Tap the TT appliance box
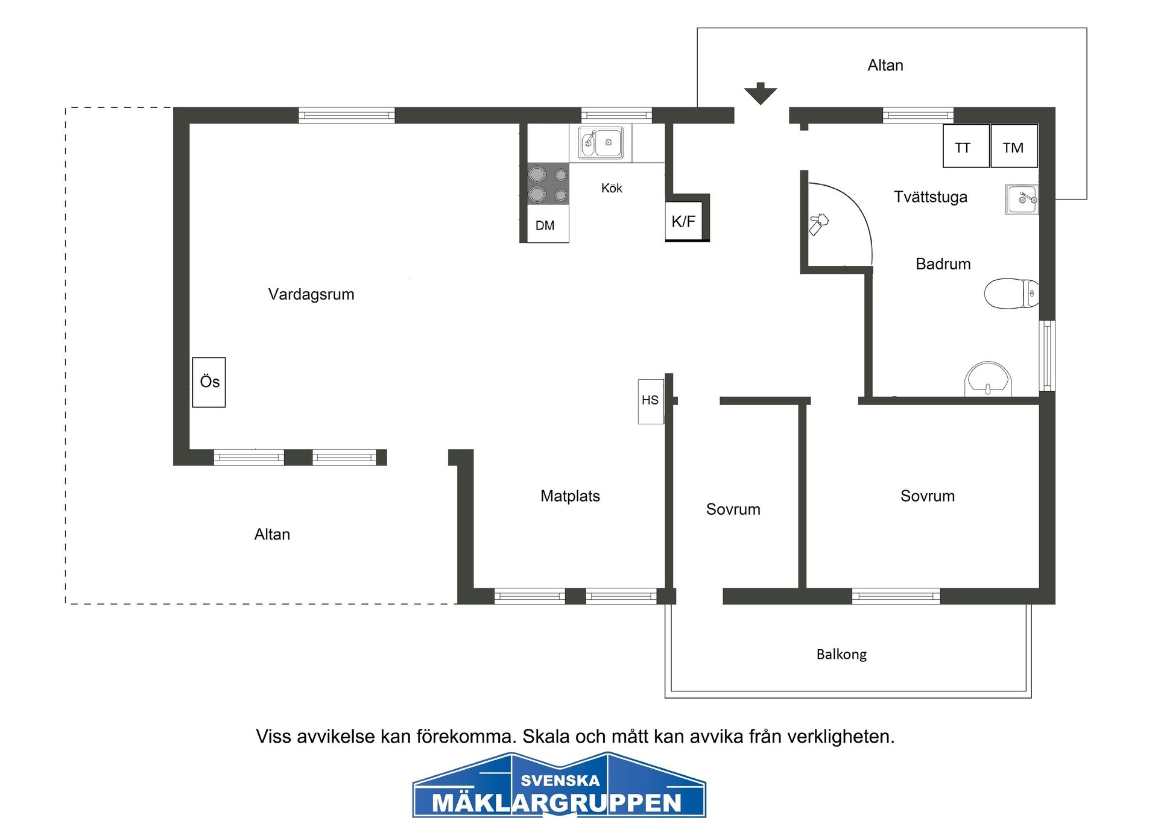pos(966,146)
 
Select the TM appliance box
pos(1014,146)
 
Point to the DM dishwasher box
pos(548,224)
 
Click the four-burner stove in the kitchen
pos(548,184)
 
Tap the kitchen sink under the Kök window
pos(601,143)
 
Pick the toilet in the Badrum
pos(1011,294)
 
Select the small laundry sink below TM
pos(1022,199)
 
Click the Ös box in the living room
pos(209,382)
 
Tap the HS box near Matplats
pos(650,401)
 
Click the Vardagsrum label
pos(311,294)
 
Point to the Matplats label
pos(570,496)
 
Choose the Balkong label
pos(841,655)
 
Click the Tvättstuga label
pos(930,197)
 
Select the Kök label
pos(612,188)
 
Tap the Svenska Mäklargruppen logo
pos(559,786)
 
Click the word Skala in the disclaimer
pos(546,737)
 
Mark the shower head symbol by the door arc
pos(818,224)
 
